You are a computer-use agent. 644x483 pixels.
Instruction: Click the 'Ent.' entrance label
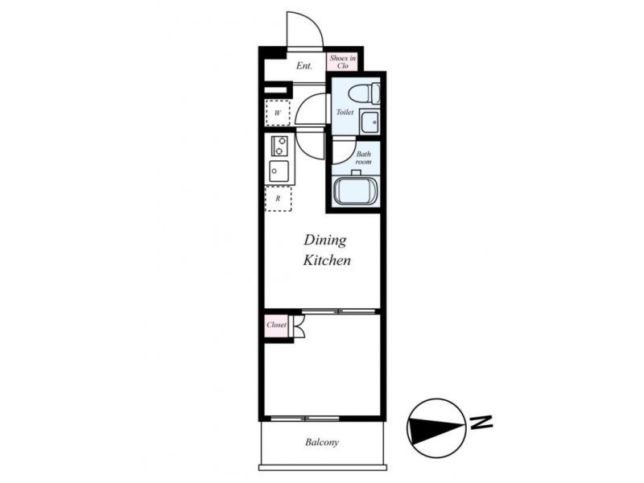[x=304, y=66]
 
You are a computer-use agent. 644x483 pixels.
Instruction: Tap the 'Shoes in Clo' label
[x=343, y=62]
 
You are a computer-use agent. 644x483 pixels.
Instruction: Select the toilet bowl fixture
[x=364, y=93]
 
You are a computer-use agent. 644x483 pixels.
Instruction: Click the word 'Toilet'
[x=345, y=112]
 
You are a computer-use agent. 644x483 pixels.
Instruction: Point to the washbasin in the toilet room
[x=369, y=122]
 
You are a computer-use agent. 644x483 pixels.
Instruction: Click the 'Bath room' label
[x=364, y=158]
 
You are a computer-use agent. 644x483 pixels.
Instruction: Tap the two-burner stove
[x=279, y=147]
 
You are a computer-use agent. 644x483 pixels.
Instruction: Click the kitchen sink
[x=279, y=171]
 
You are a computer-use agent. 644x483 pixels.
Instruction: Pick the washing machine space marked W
[x=278, y=113]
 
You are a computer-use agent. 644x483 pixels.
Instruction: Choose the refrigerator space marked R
[x=278, y=199]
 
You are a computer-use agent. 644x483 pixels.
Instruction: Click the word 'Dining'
[x=325, y=241]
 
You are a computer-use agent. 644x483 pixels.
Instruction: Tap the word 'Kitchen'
[x=327, y=260]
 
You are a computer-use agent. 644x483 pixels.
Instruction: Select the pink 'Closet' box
[x=276, y=325]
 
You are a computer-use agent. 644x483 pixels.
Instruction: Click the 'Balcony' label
[x=322, y=442]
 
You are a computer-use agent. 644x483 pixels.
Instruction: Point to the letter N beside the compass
[x=481, y=423]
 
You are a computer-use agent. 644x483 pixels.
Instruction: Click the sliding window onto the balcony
[x=305, y=419]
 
